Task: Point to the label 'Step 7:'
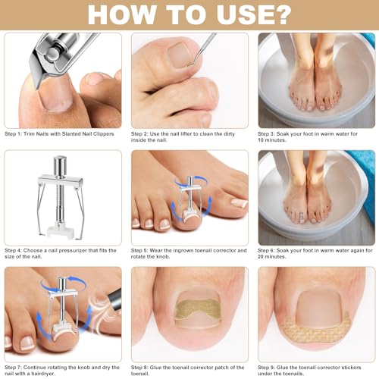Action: (18, 368)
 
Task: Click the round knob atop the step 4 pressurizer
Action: (60, 161)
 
